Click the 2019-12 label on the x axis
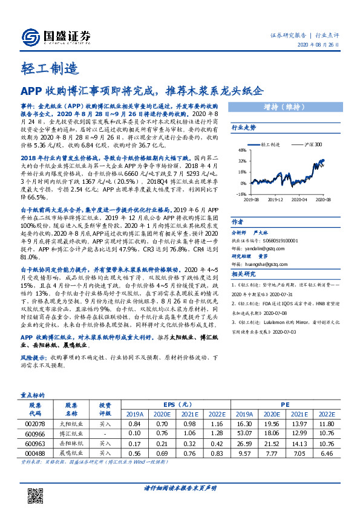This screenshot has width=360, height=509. pos(275,198)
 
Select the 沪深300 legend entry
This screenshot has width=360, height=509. pos(308,145)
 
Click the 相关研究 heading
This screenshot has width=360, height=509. pos(244,274)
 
